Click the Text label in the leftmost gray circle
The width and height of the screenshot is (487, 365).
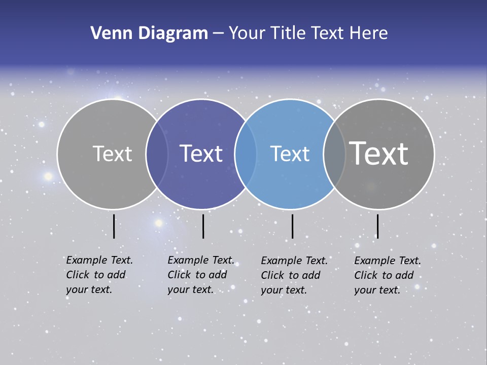[x=112, y=154]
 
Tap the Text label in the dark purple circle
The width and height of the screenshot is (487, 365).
[x=201, y=154]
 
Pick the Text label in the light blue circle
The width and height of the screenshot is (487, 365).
[x=290, y=154]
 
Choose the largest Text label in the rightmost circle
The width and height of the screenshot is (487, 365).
[x=379, y=153]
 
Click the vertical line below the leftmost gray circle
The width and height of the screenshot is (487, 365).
[x=114, y=226]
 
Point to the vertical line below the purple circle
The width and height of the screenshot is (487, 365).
[x=203, y=226]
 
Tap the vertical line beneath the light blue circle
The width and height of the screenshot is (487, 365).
[x=292, y=226]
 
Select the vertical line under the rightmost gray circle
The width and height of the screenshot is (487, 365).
[x=377, y=226]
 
